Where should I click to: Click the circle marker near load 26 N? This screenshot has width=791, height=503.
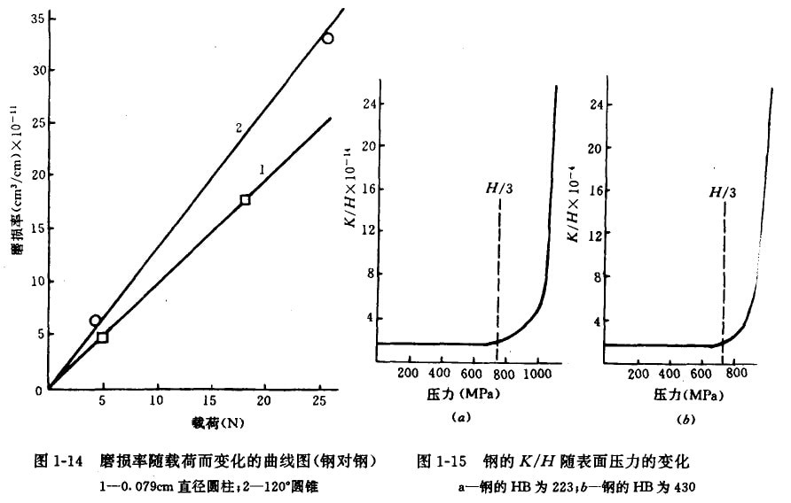[x=328, y=38]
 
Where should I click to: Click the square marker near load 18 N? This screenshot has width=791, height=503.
[x=246, y=200]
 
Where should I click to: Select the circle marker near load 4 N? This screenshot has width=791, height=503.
[x=95, y=321]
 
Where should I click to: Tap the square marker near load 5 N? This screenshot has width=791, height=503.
[x=102, y=337]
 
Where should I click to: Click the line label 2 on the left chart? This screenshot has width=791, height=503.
[x=239, y=128]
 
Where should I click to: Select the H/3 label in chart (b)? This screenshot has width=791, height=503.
[x=723, y=190]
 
